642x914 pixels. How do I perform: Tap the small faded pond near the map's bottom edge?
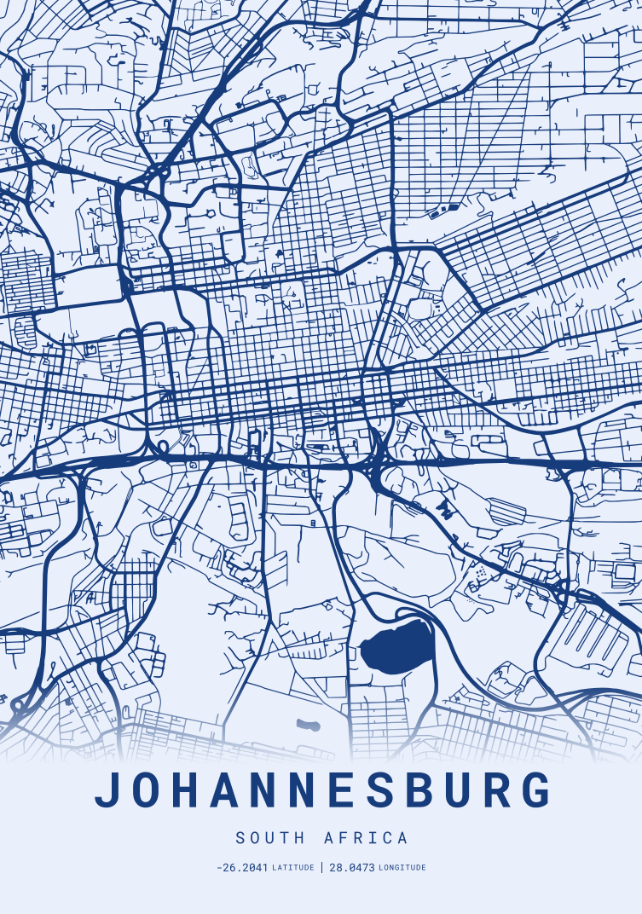click(307, 726)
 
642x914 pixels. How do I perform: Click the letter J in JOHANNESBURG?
click(108, 790)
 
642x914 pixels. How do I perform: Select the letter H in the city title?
click(192, 790)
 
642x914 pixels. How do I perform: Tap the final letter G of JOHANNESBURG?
click(535, 790)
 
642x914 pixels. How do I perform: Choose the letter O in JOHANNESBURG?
click(148, 790)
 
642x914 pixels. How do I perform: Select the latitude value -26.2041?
click(242, 868)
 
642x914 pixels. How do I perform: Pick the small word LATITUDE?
click(292, 868)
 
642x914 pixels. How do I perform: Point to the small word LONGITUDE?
click(402, 868)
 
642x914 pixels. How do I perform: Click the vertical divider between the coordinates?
click(321, 868)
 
